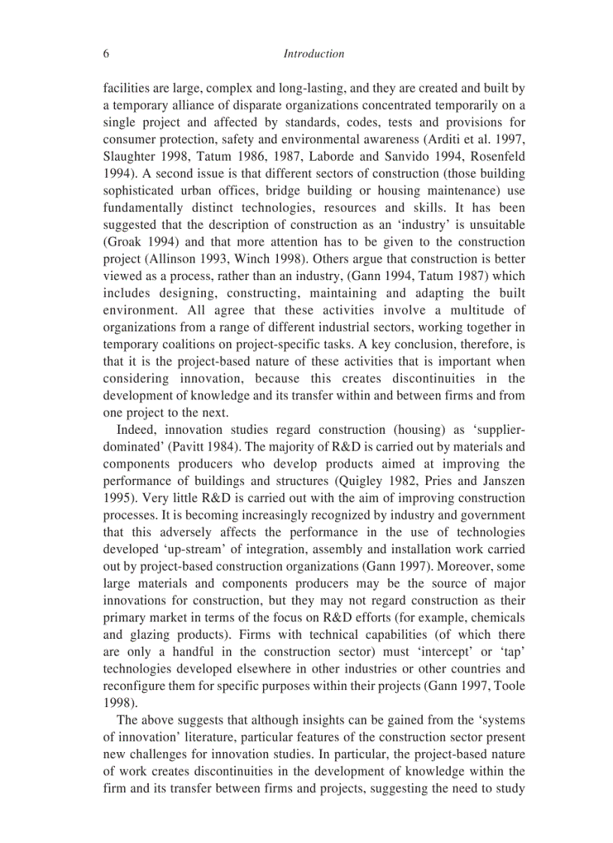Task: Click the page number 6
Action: [106, 54]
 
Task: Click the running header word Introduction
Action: [314, 54]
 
